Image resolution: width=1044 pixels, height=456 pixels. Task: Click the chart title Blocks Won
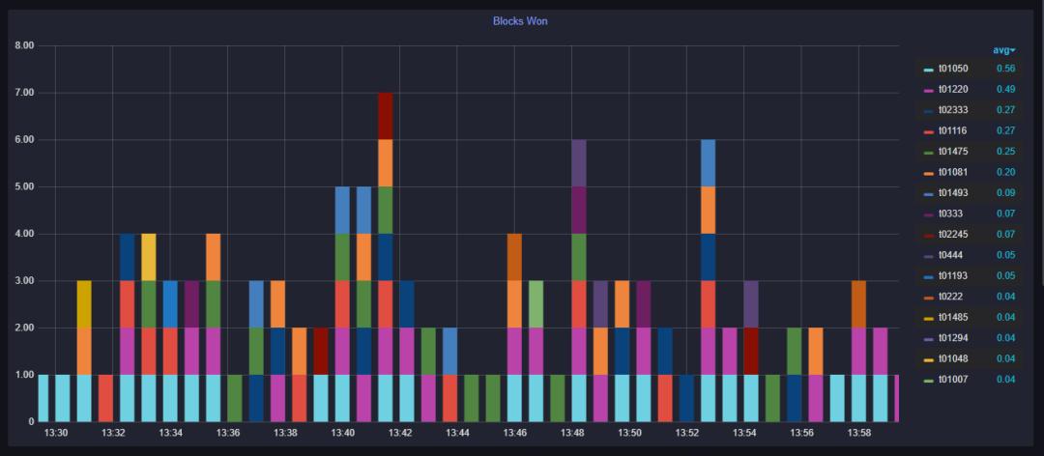click(x=520, y=20)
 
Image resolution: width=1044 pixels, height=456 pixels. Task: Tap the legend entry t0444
click(x=949, y=255)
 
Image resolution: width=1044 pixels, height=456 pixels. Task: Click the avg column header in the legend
click(x=1003, y=50)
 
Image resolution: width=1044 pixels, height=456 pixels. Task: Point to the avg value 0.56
click(x=1005, y=69)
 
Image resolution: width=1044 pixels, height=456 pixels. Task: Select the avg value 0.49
click(x=1005, y=90)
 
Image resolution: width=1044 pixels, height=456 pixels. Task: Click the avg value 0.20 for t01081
click(x=1005, y=172)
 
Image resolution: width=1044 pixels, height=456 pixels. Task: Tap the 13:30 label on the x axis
click(x=56, y=434)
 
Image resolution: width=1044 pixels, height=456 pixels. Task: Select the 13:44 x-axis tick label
click(x=457, y=434)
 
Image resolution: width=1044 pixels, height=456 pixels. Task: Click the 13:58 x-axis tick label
click(x=858, y=434)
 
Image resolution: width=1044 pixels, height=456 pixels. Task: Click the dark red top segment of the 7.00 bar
click(x=385, y=116)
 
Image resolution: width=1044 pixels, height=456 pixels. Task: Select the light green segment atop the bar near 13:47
click(x=536, y=304)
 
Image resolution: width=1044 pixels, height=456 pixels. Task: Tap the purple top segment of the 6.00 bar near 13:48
click(x=579, y=163)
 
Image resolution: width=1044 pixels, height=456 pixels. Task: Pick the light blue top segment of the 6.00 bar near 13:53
click(x=709, y=163)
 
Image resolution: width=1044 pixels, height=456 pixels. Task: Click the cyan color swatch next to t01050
click(x=928, y=70)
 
